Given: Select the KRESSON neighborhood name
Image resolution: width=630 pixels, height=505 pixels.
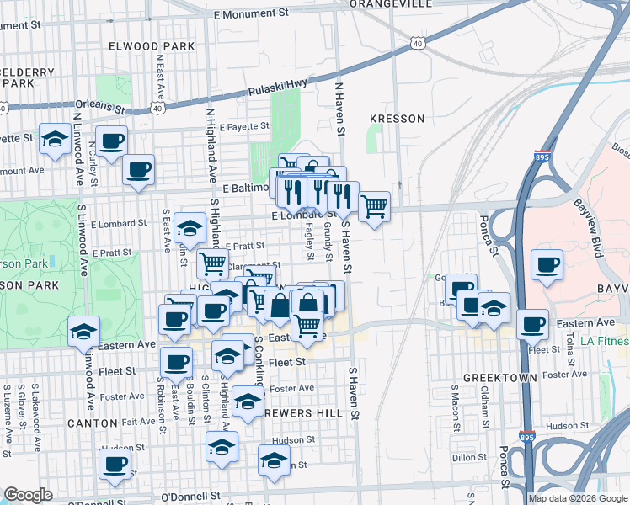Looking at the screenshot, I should click(x=397, y=119).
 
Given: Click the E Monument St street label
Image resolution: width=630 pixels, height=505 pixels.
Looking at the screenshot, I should click(x=251, y=14).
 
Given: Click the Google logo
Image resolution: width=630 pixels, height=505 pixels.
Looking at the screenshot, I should click(x=29, y=495).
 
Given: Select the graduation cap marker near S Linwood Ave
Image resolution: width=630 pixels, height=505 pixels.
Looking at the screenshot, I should click(x=84, y=331).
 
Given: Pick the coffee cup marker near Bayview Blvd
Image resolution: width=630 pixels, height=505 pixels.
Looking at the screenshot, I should click(x=547, y=264).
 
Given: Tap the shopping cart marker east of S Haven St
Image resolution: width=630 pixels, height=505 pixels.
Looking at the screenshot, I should click(x=374, y=205).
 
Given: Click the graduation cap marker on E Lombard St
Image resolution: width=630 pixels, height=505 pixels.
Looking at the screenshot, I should click(x=190, y=227).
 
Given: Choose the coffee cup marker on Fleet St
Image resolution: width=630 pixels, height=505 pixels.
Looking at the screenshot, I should click(x=176, y=362).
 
